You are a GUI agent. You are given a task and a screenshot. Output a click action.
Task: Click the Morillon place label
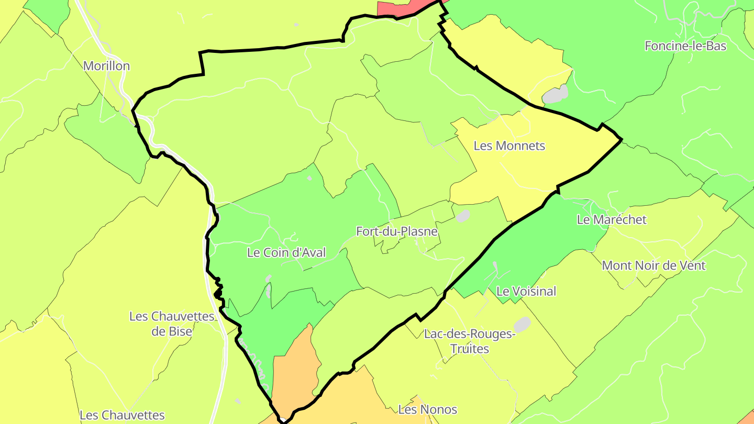tap(106, 66)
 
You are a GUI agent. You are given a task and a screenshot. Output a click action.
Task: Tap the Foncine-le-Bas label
tap(685, 46)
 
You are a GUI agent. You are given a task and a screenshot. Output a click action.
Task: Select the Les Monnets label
tap(509, 146)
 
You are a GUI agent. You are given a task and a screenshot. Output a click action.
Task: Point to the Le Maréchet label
tap(612, 219)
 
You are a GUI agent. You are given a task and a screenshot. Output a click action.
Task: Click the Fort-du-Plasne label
tap(396, 231)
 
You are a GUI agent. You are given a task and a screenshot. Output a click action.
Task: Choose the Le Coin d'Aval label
tap(286, 252)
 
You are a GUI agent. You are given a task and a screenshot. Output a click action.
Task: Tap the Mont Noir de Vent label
tap(653, 265)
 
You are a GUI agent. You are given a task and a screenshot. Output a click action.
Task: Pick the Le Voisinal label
tap(526, 291)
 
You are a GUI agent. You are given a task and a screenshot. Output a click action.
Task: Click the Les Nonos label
tap(427, 409)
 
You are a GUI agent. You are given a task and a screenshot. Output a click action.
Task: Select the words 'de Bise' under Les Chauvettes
tap(171, 331)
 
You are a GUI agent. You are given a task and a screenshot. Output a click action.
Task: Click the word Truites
tap(469, 349)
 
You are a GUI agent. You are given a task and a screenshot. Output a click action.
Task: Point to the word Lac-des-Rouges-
tap(469, 334)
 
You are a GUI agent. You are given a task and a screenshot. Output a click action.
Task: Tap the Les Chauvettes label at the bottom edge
tap(122, 415)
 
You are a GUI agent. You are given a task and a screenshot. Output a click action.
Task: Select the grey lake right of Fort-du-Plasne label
tap(463, 216)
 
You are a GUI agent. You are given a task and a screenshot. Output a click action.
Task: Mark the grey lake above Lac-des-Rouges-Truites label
tap(522, 324)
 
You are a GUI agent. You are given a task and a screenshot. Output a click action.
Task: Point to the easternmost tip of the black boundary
tap(621, 139)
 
